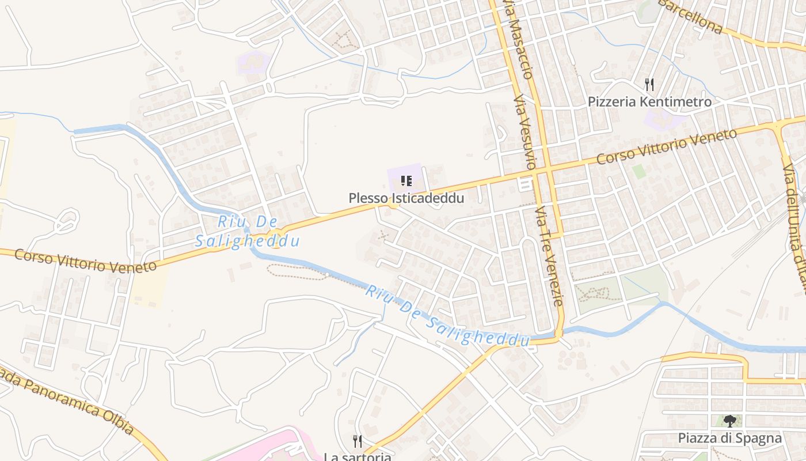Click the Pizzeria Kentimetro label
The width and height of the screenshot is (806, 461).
(649, 102)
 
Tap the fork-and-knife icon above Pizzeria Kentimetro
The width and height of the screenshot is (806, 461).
(649, 85)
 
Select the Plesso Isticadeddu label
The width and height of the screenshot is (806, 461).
(406, 198)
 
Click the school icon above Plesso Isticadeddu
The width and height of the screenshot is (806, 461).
(406, 181)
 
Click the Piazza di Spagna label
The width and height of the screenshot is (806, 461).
(729, 438)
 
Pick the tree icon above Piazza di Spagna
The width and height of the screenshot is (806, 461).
(729, 421)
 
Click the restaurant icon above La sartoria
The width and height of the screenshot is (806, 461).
(358, 441)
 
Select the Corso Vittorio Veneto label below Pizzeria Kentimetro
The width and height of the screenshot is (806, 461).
(666, 146)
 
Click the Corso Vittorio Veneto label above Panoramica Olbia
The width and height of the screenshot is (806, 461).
(85, 260)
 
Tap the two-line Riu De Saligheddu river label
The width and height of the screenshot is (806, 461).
(248, 231)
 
